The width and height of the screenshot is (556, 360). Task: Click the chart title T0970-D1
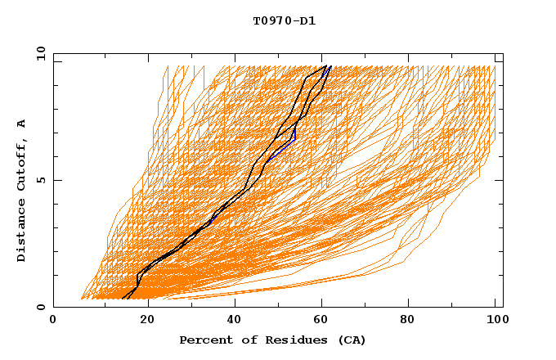pyautogui.click(x=284, y=21)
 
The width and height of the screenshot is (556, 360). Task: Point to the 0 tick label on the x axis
pyautogui.click(x=53, y=322)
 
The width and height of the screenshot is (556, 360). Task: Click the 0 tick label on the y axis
pyautogui.click(x=40, y=307)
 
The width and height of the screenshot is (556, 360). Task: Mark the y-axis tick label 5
pyautogui.click(x=40, y=180)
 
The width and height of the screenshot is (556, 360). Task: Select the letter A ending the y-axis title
pyautogui.click(x=21, y=124)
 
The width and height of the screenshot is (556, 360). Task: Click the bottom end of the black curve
pyautogui.click(x=122, y=299)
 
